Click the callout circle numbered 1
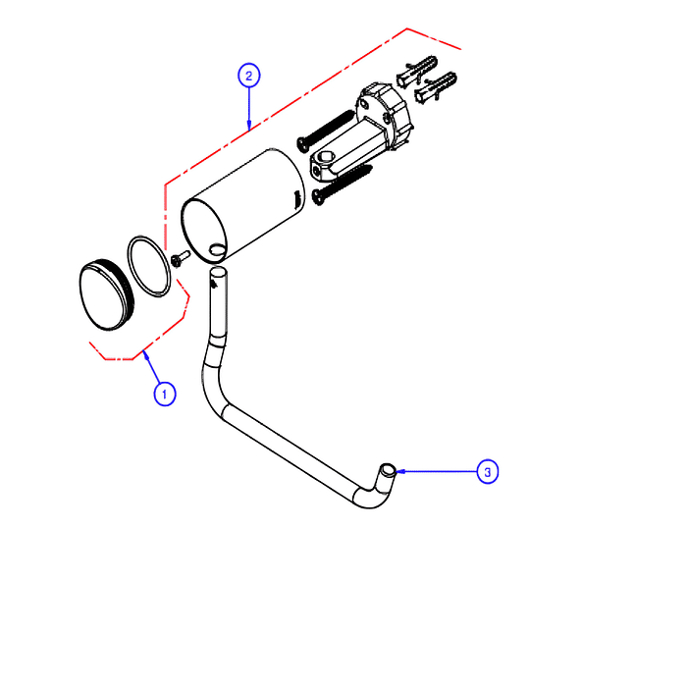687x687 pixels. [x=165, y=394]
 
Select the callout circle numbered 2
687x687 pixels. [x=249, y=76]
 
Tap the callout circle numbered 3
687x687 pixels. [x=487, y=472]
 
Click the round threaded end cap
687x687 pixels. [x=106, y=294]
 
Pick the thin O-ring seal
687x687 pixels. [x=149, y=266]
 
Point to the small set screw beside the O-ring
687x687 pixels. [x=181, y=257]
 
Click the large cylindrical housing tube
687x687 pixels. [x=243, y=206]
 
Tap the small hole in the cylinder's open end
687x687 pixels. [x=217, y=250]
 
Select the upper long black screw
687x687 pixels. [x=325, y=131]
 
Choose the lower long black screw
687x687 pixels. [x=342, y=185]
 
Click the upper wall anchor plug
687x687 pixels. [x=417, y=70]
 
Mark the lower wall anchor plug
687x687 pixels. [x=436, y=87]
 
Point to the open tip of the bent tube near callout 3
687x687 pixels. [x=388, y=470]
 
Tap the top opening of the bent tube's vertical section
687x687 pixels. [x=219, y=272]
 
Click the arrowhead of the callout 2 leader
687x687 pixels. [x=249, y=127]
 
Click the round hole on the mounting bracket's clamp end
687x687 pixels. [x=324, y=156]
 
